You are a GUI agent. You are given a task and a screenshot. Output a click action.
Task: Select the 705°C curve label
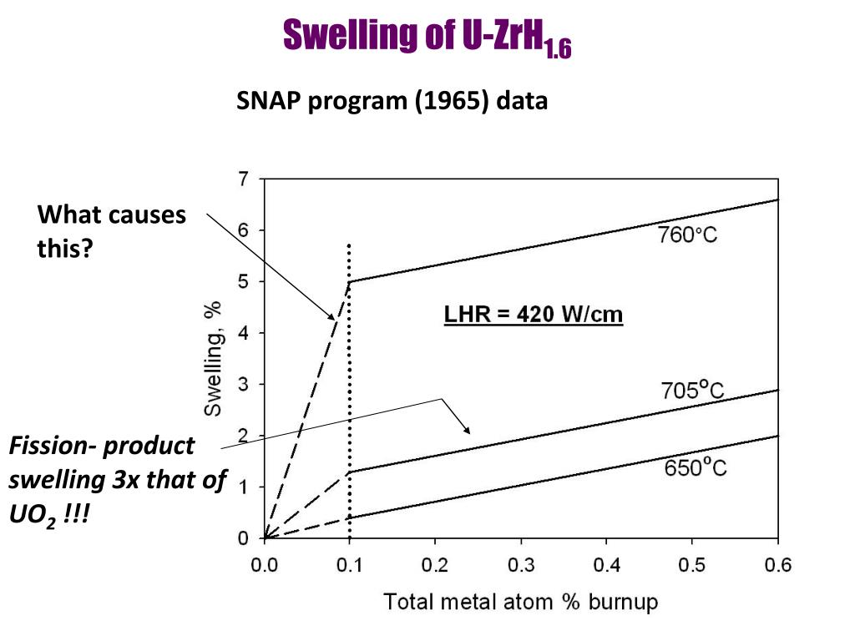pos(692,390)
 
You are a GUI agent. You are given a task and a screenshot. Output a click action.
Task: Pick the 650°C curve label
pos(696,467)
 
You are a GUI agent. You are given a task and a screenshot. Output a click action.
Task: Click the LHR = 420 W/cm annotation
pos(534,315)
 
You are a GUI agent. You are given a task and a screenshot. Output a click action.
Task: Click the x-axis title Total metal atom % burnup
pos(520,601)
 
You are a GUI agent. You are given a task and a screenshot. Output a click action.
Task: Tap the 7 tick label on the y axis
pos(243,179)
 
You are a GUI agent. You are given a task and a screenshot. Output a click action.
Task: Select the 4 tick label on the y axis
pos(243,333)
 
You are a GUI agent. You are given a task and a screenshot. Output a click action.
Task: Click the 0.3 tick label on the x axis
pos(520,566)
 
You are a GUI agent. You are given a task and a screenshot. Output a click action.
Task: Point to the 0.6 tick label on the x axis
pos(777,566)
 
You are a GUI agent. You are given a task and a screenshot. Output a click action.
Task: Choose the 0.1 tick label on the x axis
pos(349,566)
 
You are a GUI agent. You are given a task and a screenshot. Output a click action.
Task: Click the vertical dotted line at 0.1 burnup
pos(349,376)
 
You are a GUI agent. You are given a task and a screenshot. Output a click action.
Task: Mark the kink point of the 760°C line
pos(350,281)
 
